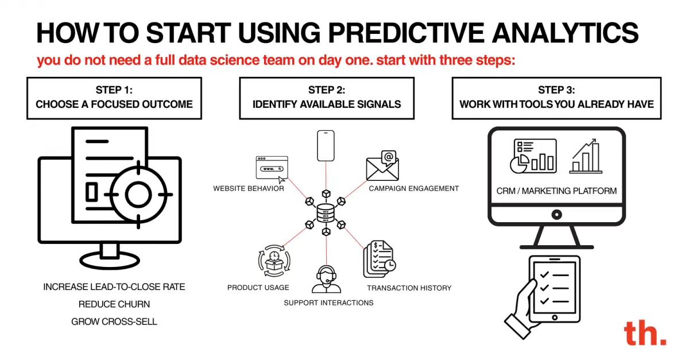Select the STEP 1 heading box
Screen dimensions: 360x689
tap(114, 98)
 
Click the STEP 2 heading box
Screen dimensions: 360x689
tap(326, 98)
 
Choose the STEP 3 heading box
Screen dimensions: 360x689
tap(556, 98)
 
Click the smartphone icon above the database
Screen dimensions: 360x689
tap(326, 146)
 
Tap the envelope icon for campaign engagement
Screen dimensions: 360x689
tap(382, 167)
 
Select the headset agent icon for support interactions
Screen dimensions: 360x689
tap(326, 279)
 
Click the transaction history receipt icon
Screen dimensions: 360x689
tap(378, 260)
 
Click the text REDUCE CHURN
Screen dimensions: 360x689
tap(114, 304)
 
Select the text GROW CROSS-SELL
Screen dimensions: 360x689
tap(114, 322)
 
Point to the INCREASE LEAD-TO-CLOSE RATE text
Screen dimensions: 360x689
tap(114, 287)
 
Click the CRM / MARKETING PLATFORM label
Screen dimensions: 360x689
tap(556, 191)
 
